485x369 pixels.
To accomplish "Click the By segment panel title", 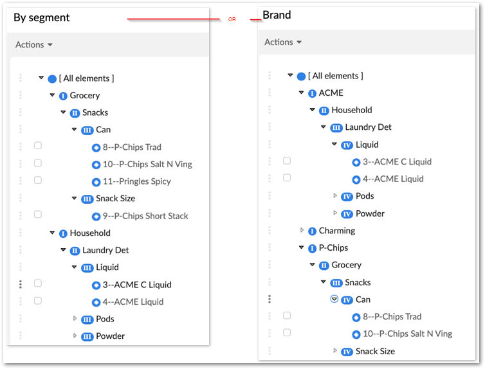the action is (41, 18).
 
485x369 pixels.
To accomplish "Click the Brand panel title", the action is (277, 15).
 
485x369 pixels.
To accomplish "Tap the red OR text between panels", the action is (232, 19).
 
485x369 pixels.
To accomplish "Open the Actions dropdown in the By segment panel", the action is (34, 45).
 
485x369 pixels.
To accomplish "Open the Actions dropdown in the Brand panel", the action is (283, 42).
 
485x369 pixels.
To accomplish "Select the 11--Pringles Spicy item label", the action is (137, 181).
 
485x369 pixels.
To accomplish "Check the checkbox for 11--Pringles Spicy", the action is (38, 180).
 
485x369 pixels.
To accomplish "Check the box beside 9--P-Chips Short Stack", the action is (38, 214).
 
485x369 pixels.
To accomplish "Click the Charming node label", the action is (337, 231).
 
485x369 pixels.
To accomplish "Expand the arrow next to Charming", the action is (302, 230).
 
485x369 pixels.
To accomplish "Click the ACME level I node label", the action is (331, 93).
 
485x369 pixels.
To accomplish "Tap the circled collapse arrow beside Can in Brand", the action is (334, 299).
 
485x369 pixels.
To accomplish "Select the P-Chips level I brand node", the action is (333, 248).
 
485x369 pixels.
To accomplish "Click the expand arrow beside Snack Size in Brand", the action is (335, 350).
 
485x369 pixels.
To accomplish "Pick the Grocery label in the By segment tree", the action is (85, 96).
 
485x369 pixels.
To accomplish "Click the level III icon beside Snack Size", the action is (87, 199).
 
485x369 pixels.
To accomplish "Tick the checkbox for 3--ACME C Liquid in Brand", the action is (287, 161).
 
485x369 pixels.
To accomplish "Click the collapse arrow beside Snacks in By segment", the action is (63, 112).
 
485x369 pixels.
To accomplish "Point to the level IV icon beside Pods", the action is (347, 197).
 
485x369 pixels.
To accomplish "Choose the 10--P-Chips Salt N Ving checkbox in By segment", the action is (38, 163).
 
